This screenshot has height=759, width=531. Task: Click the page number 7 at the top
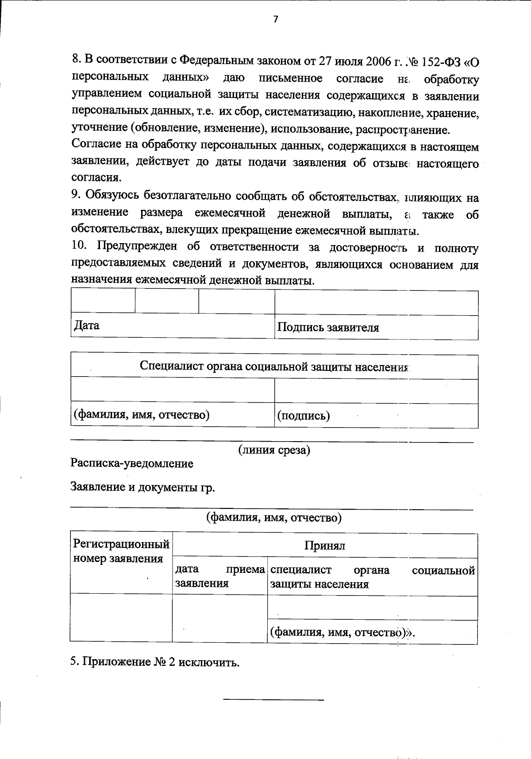point(275,19)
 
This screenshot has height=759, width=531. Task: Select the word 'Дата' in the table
point(87,326)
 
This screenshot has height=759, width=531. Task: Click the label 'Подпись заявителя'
point(328,328)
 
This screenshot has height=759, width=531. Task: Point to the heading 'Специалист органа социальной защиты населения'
point(274,366)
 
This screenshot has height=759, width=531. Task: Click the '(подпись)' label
point(303,416)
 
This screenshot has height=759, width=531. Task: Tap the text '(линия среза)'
point(274,450)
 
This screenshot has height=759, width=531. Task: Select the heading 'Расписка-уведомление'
point(132,463)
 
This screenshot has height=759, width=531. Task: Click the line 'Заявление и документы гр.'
point(142,487)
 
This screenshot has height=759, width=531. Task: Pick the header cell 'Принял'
point(324,545)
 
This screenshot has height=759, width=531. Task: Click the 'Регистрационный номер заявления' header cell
point(121,551)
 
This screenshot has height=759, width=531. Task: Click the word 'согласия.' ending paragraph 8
point(96,178)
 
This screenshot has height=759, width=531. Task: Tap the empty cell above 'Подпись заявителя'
point(376,303)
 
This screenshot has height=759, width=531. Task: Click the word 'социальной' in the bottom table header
point(443,570)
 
